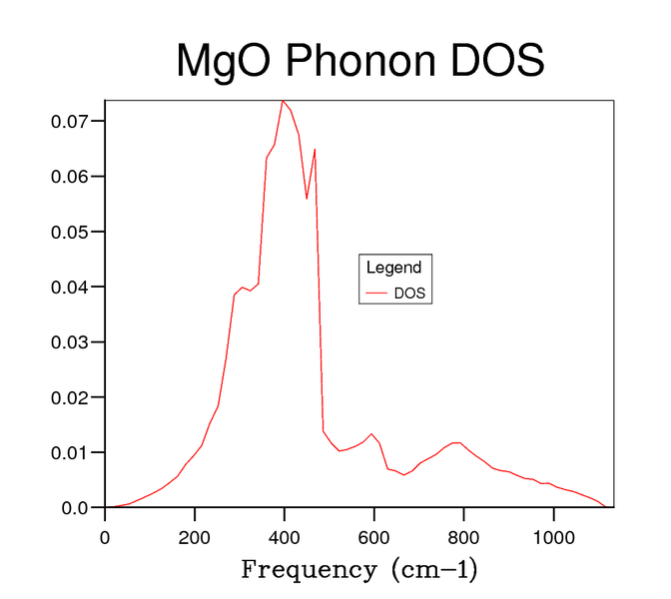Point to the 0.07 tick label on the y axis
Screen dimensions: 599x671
pos(71,121)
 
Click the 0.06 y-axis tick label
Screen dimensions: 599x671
pos(71,177)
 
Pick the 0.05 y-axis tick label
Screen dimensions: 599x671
pos(71,232)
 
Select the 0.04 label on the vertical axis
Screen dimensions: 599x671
pos(71,287)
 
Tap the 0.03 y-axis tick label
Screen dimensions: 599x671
pos(71,342)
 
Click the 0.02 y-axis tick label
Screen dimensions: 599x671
pos(71,397)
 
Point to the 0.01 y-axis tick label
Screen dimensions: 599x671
pos(71,452)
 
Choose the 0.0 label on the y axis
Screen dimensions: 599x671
pos(76,508)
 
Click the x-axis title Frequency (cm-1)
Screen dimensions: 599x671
pos(359,571)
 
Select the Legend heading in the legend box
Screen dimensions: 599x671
pos(393,268)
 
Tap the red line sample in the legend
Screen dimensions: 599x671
pos(376,294)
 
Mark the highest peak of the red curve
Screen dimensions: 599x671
pos(284,101)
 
